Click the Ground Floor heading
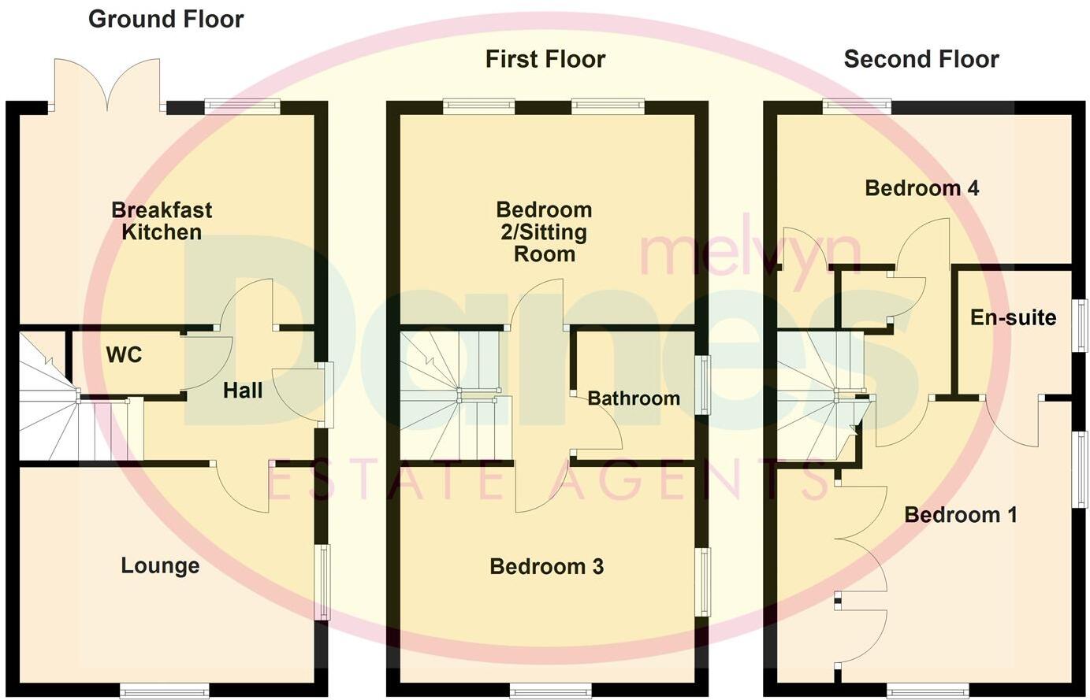click(166, 19)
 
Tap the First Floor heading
click(545, 59)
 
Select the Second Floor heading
click(921, 59)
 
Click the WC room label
click(125, 355)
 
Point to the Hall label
click(242, 391)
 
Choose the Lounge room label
click(160, 565)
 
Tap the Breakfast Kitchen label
click(162, 221)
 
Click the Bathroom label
click(634, 398)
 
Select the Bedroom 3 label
click(546, 566)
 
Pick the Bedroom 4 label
click(921, 188)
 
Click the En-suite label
click(1013, 317)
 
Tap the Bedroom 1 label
click(960, 515)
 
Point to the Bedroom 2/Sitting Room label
click(544, 231)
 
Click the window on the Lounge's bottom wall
click(164, 691)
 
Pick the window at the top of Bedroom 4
click(857, 106)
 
